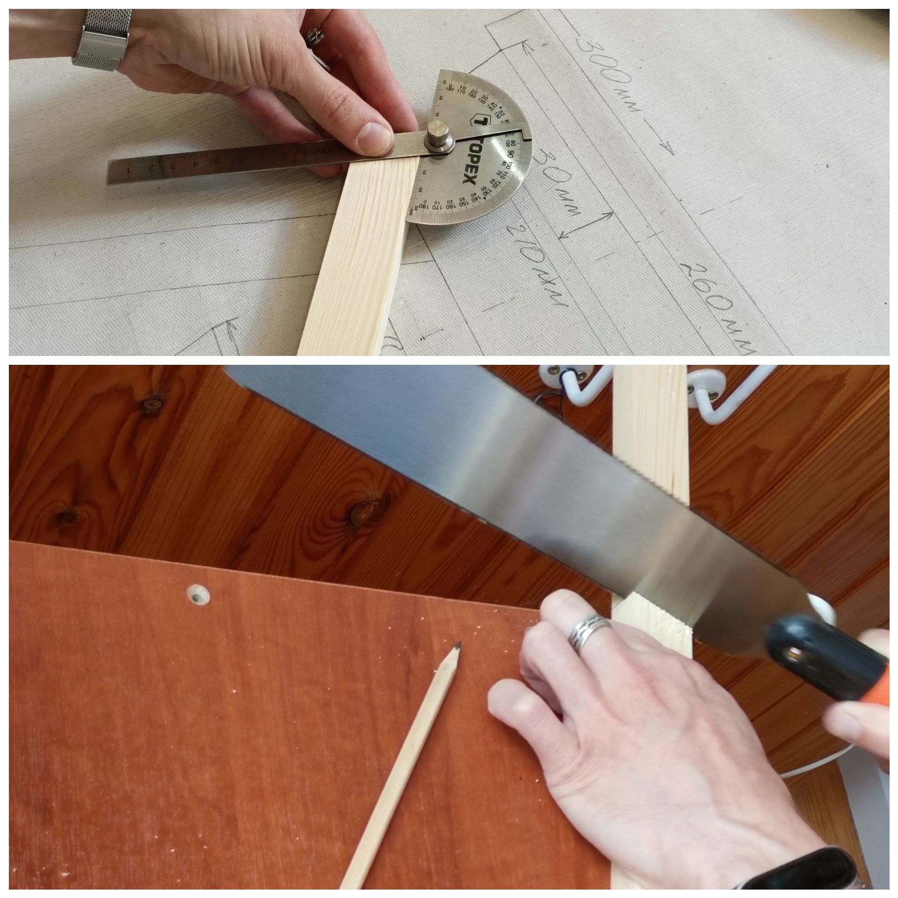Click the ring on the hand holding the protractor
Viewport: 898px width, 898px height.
point(312,35)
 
